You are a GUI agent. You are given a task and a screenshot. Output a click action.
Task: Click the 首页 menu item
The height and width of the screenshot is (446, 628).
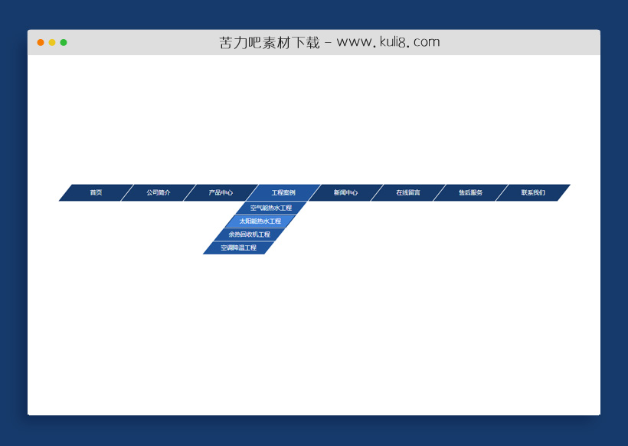(96, 192)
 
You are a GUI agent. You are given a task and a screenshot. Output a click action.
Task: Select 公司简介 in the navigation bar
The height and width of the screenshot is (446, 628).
(159, 192)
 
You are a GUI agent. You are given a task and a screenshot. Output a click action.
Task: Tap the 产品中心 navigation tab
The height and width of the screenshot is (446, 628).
(221, 192)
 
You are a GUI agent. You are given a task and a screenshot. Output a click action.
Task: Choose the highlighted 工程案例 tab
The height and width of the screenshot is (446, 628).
(283, 192)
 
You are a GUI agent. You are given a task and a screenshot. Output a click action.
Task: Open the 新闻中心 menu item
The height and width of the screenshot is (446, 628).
(345, 192)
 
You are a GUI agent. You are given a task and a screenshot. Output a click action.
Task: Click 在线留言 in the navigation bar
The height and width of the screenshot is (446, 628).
(408, 192)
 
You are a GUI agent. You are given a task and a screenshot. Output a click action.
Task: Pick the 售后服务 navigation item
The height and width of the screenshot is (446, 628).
(470, 192)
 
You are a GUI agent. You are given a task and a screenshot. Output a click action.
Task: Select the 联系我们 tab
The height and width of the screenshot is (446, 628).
(533, 192)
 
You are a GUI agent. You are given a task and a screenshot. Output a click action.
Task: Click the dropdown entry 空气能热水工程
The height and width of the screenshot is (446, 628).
(271, 208)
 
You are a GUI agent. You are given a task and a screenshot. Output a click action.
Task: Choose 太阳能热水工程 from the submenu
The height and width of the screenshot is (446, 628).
(260, 221)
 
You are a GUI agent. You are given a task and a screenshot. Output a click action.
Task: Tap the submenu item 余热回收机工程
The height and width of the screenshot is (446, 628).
(250, 234)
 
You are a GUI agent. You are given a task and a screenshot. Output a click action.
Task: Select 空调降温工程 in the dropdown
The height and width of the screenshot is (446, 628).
(239, 248)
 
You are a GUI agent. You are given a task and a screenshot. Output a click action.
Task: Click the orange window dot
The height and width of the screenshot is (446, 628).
(41, 42)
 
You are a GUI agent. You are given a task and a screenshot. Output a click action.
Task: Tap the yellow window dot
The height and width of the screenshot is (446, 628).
(52, 42)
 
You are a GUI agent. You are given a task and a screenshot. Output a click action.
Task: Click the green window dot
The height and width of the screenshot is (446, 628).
(64, 42)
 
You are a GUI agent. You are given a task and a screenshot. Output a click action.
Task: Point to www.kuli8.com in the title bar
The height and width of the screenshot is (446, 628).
(388, 42)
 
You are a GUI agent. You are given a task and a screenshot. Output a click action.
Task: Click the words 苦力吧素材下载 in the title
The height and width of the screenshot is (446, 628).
(269, 42)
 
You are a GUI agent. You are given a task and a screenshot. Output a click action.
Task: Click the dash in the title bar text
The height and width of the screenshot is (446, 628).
(328, 43)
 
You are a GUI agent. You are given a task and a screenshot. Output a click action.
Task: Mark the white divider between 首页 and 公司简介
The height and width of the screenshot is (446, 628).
(127, 192)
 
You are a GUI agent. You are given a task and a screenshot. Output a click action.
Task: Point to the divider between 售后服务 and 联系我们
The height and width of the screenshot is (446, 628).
(502, 192)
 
